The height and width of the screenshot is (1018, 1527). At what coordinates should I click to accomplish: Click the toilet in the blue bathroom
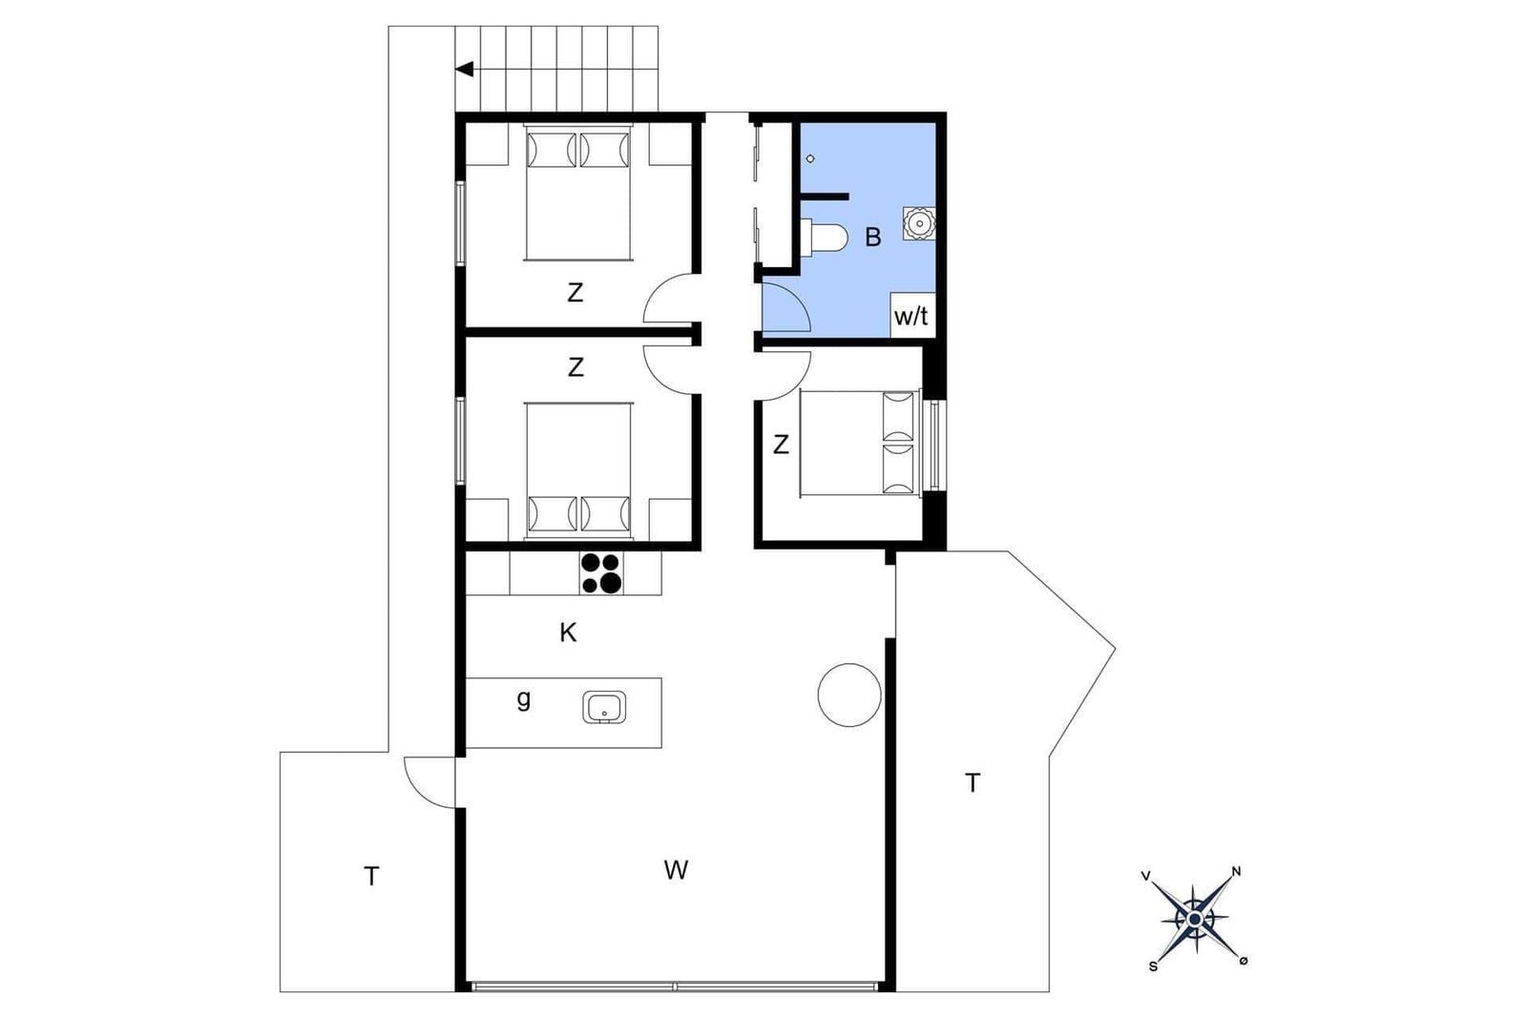point(825,238)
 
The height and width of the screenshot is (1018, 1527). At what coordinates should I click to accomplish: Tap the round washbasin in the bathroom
point(919,223)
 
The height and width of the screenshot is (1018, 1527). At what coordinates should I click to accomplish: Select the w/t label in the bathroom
point(911,316)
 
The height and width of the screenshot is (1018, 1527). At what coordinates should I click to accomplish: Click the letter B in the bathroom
point(873,238)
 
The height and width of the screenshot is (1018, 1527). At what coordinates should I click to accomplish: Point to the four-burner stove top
point(601,573)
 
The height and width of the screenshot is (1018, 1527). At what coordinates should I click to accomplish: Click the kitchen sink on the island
point(604,707)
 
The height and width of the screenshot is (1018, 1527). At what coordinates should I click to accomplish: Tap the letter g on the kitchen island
point(524,699)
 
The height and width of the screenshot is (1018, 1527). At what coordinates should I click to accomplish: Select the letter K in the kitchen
point(568,633)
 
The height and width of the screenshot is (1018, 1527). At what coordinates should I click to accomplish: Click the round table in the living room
point(849,695)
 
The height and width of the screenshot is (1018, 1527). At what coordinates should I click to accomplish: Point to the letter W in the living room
point(676,870)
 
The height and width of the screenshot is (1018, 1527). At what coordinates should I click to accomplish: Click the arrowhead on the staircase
point(464,70)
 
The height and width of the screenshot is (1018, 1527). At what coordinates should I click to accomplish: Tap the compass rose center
point(1194,919)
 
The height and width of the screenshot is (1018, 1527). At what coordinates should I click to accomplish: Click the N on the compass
point(1237,871)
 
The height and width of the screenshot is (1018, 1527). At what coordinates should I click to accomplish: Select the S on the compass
point(1153,966)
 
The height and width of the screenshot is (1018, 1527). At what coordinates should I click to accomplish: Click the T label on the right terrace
point(973,783)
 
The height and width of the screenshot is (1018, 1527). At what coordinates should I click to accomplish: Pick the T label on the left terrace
point(371,877)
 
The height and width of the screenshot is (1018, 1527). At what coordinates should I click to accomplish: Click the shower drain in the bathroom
point(810,158)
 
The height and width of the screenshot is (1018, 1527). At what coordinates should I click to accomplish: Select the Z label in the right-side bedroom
point(782,445)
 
